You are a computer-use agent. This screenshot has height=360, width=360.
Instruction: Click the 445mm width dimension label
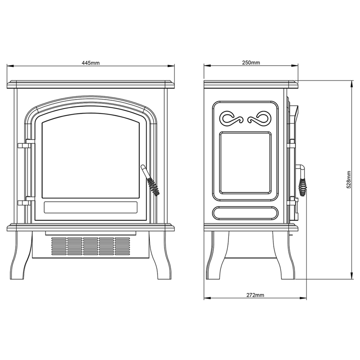click(90, 63)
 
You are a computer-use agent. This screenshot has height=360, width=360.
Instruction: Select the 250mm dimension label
click(251, 63)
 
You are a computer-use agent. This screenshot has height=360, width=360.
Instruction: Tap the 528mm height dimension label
click(349, 180)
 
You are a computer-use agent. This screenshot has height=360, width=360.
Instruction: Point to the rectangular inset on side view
click(246, 162)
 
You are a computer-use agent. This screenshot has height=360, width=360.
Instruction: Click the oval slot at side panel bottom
click(245, 213)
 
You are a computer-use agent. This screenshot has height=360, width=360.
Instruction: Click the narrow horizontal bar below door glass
click(90, 207)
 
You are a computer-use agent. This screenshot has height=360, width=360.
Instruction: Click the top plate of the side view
click(251, 84)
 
